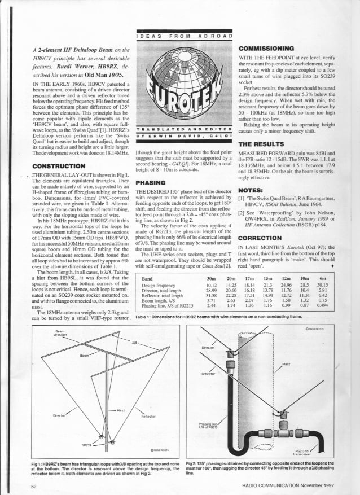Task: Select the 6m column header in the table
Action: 323,279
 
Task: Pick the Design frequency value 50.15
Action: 323,285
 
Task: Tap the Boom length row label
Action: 159,300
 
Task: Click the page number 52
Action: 34,485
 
